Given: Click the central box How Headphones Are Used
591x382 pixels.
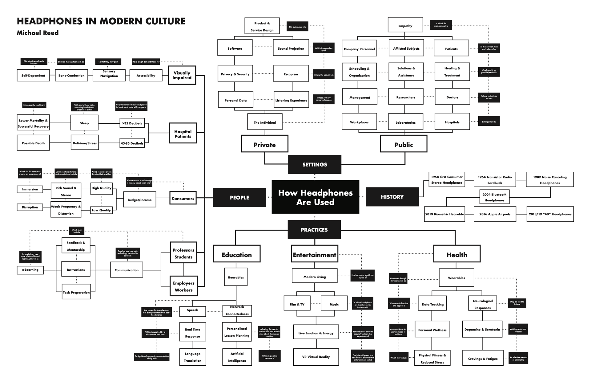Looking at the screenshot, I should pos(315,197).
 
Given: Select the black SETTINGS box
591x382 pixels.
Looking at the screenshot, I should pos(315,164).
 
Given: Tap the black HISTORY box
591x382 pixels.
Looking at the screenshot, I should pos(392,197).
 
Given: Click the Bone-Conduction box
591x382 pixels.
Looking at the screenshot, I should pos(71,76).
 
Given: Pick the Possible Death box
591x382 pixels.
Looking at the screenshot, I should pos(33,143).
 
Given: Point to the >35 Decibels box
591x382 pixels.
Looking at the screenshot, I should pos(132,123).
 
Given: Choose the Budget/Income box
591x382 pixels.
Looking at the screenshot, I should pos(139,200).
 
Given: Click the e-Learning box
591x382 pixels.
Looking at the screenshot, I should pos(30,270).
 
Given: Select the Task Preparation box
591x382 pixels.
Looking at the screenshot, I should pos(76,292).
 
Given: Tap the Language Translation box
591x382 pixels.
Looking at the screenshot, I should pos(193,357).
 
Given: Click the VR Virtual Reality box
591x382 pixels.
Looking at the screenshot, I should pos(316,357).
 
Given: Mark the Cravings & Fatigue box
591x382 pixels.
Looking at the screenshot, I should pos(483,359).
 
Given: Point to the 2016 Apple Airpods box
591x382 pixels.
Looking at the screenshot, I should pos(495,214).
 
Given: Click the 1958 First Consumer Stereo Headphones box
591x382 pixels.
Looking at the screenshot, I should pos(447,180).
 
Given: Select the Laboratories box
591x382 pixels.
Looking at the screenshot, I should pos(405,122).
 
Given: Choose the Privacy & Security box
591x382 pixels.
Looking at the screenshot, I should pos(235,74).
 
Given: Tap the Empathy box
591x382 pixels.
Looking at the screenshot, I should pos(405,26).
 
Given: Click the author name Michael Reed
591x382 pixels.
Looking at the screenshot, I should pos(38,33).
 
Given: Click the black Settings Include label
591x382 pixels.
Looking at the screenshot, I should pos(489,121).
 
